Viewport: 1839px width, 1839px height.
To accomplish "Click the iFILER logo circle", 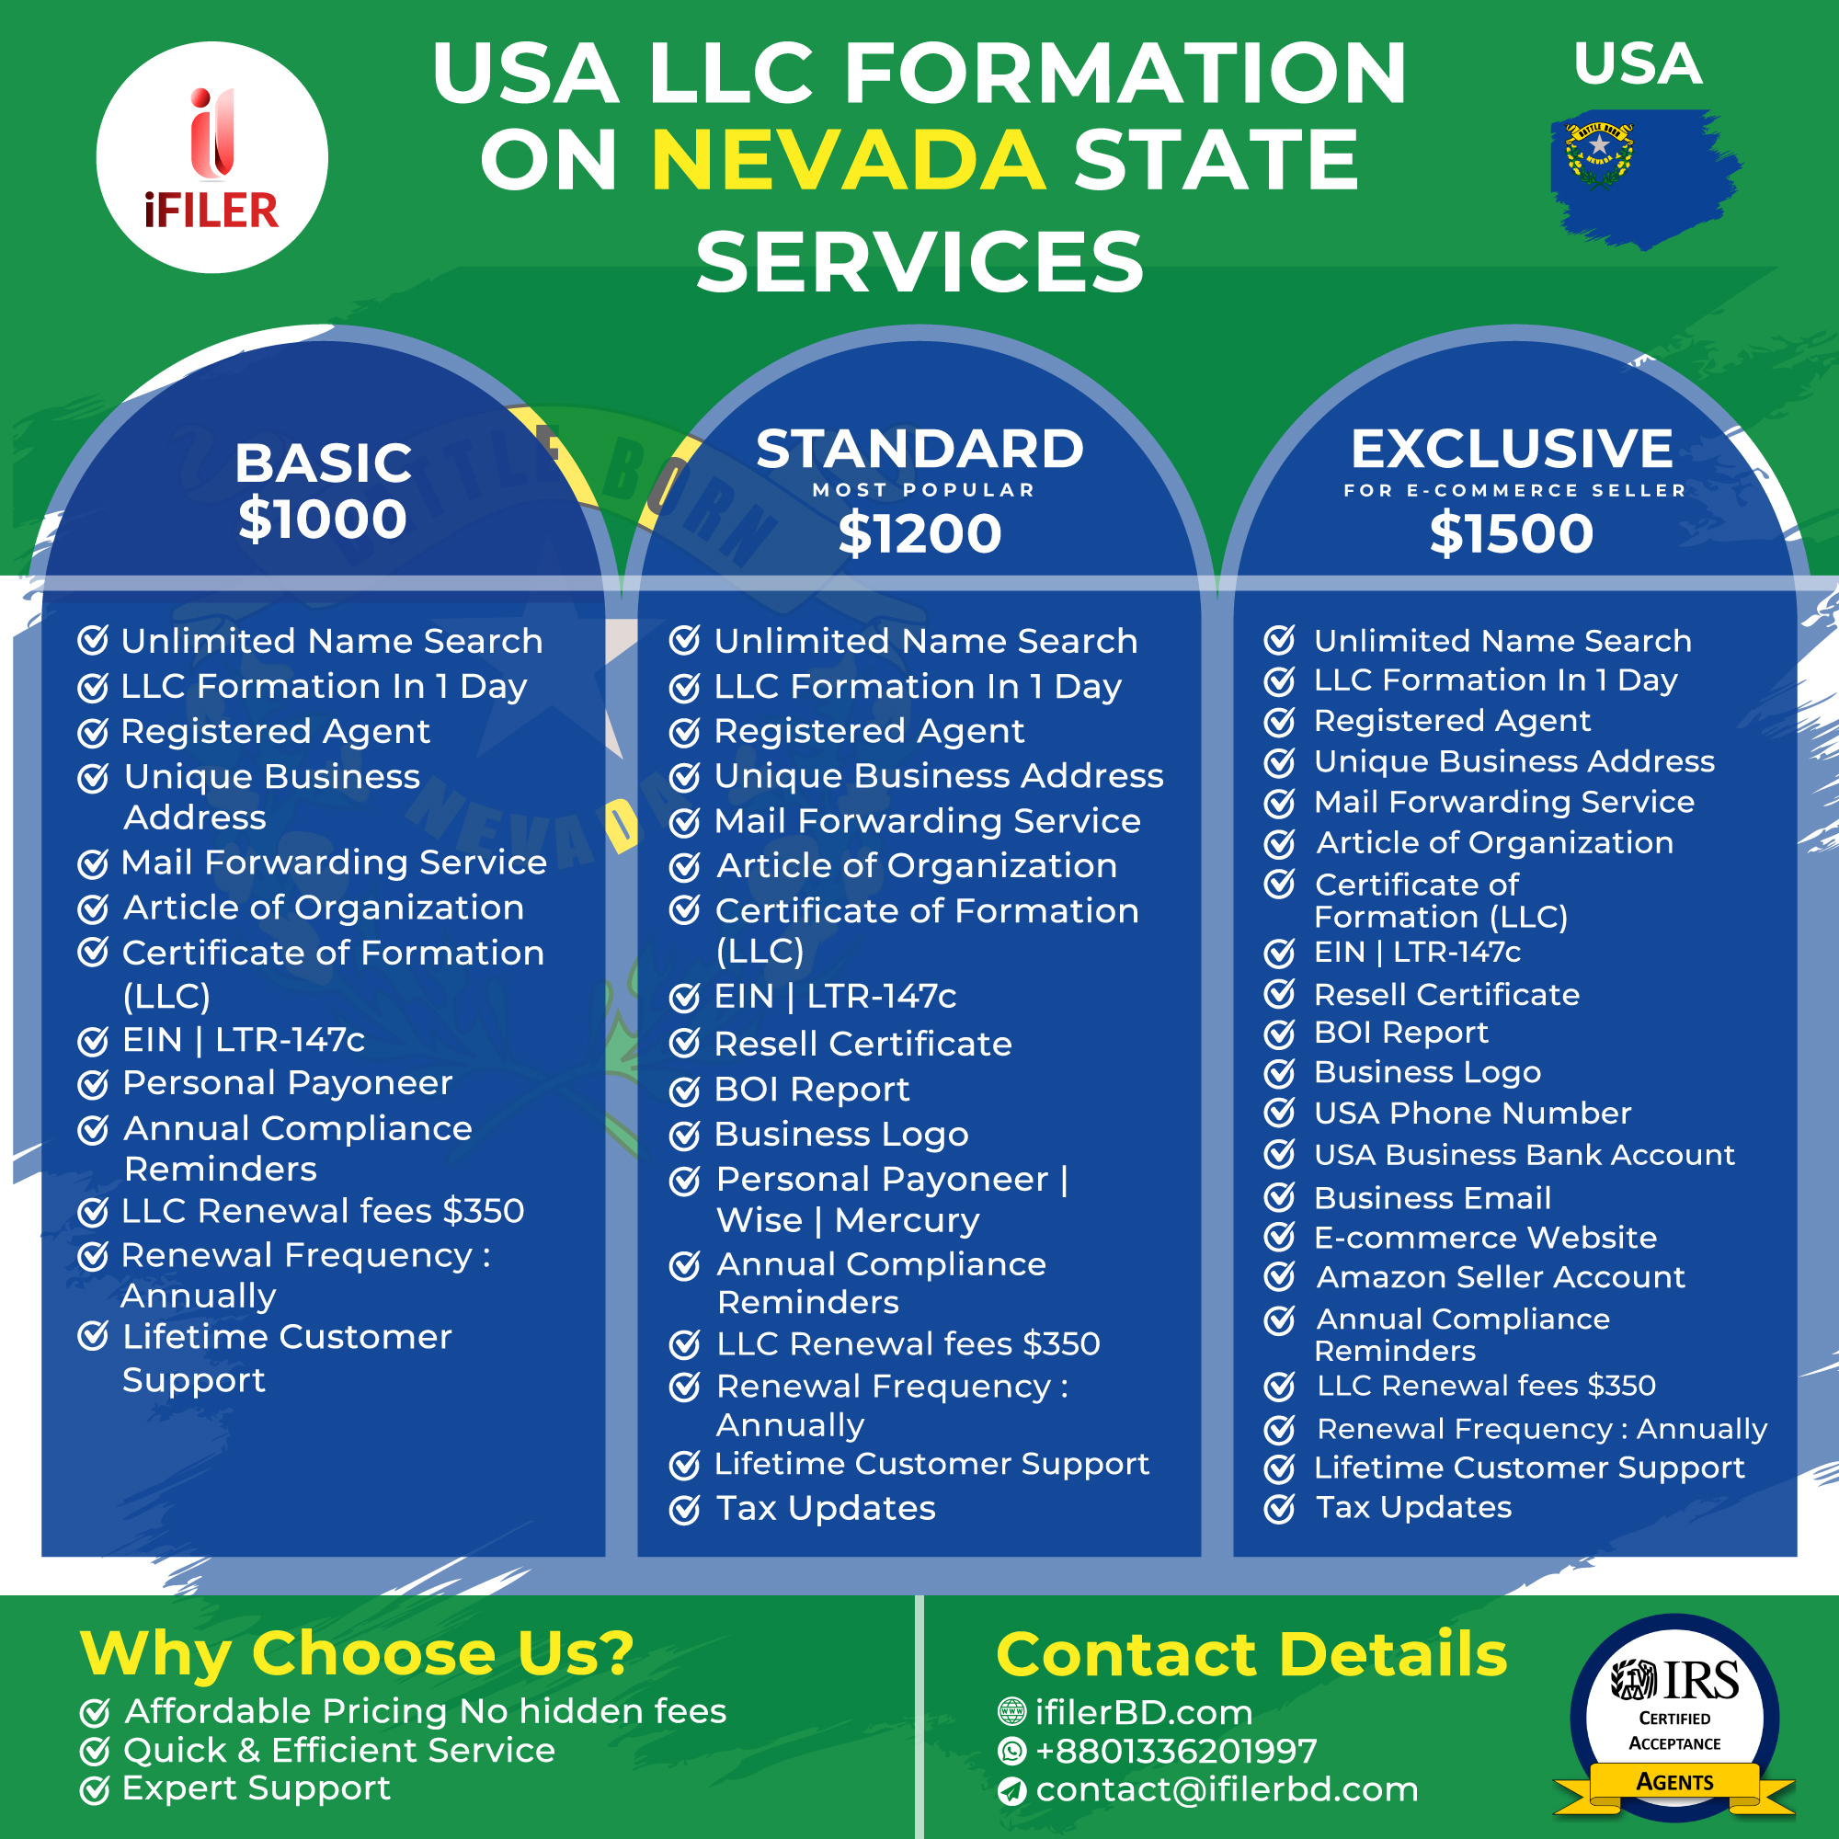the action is coord(211,157).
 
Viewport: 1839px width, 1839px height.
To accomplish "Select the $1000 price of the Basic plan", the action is coord(323,519).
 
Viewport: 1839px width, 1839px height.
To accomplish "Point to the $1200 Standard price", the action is coord(919,533).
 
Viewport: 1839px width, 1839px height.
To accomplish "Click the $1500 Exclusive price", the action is coord(1512,533).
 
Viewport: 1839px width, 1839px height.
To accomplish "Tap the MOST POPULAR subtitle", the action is coord(923,490).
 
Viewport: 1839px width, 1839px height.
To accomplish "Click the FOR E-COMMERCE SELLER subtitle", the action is coord(1514,490).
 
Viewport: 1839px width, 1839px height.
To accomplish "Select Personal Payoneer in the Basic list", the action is coord(288,1084).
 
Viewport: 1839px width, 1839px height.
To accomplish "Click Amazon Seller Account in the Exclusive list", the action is coord(1500,1277).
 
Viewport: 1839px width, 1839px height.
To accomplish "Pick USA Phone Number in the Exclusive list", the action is coord(1472,1114).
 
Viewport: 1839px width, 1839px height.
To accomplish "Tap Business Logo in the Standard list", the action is coord(841,1136).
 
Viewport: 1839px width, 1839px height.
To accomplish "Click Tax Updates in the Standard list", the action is coord(827,1509).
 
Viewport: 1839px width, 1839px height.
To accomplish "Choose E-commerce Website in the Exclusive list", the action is coord(1485,1238).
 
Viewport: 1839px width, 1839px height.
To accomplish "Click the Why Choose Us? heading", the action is coord(357,1654).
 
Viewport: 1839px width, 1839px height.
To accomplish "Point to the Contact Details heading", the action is coord(1251,1654).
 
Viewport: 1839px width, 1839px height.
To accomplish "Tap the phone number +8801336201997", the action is coord(1177,1752).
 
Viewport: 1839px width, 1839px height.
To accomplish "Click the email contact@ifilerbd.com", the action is coord(1227,1790).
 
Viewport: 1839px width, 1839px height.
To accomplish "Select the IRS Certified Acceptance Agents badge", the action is coord(1674,1719).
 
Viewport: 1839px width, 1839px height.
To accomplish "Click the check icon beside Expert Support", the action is coord(94,1790).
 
